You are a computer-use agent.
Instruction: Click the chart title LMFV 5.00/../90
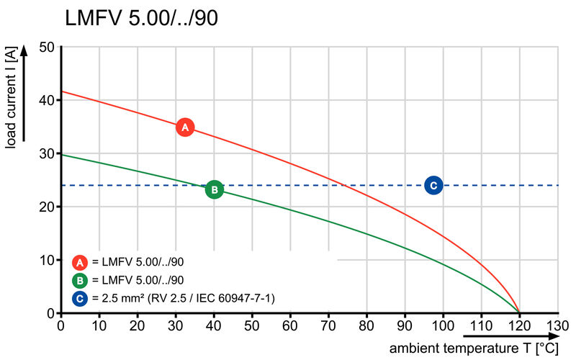click(141, 19)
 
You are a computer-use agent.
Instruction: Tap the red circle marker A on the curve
click(185, 127)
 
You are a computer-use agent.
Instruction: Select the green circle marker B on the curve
click(214, 189)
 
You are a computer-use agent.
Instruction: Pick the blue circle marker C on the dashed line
click(433, 185)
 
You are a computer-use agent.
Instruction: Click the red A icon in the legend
click(81, 261)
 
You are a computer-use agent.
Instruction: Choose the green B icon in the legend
click(81, 280)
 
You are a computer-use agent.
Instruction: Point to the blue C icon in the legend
click(81, 298)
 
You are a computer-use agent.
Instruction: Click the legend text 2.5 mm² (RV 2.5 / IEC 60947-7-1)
click(184, 298)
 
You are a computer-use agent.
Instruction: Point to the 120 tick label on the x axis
click(519, 325)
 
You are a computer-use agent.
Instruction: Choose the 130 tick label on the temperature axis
click(557, 325)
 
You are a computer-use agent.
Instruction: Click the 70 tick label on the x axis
click(328, 325)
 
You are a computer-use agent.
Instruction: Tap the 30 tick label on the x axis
click(176, 325)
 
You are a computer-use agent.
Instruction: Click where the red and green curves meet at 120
click(519, 312)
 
